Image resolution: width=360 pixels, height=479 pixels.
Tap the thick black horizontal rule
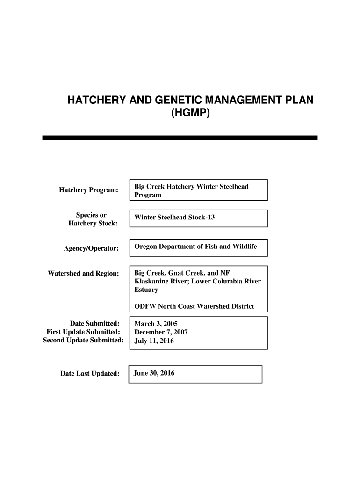tap(180, 138)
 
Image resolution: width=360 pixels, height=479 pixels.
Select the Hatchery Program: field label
tap(89, 190)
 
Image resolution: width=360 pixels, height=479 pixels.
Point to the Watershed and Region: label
tap(84, 273)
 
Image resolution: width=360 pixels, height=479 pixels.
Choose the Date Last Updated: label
tap(90, 373)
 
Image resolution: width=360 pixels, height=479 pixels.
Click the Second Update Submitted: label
tap(83, 340)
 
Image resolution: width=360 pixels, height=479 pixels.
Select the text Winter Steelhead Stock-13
tap(175, 218)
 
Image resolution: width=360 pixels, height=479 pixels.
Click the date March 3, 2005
tap(156, 323)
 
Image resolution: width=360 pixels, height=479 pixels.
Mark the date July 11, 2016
tap(154, 341)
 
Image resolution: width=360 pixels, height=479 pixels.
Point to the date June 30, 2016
tap(154, 373)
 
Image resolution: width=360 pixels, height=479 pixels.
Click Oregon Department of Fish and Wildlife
tap(196, 246)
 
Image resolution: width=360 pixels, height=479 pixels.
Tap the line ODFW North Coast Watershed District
tap(194, 306)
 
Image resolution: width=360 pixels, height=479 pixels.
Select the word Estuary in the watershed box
tap(146, 290)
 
